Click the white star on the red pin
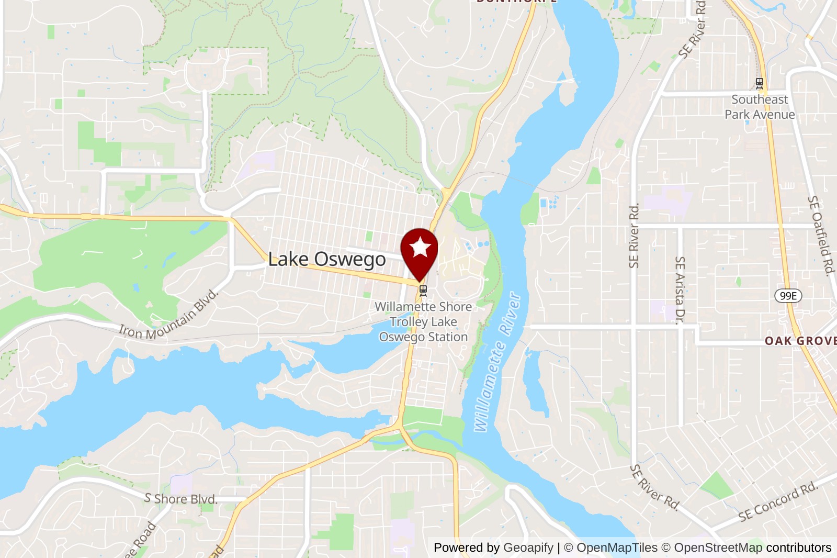420,248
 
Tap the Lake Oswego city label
327,259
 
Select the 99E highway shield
788,296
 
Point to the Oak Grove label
800,341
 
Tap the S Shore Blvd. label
181,499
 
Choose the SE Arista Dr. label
680,290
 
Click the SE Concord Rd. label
778,501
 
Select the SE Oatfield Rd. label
820,235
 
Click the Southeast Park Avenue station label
760,107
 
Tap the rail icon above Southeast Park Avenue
760,83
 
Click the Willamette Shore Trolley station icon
423,290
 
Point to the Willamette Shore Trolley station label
423,321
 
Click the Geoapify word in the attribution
528,548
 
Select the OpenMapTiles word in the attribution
617,548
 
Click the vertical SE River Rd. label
634,236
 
